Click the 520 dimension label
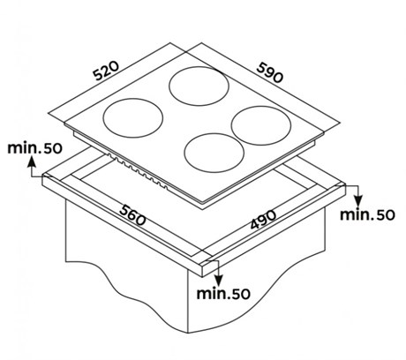(106, 71)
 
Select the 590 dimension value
(270, 72)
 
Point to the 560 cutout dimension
(132, 215)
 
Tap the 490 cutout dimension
(263, 219)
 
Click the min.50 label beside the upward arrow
(34, 148)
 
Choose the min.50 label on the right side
(367, 215)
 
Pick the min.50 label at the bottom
(223, 294)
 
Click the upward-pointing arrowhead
(32, 162)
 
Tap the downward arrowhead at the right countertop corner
(357, 200)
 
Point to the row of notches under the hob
(138, 172)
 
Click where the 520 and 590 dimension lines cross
(186, 52)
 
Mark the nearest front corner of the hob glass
(203, 202)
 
